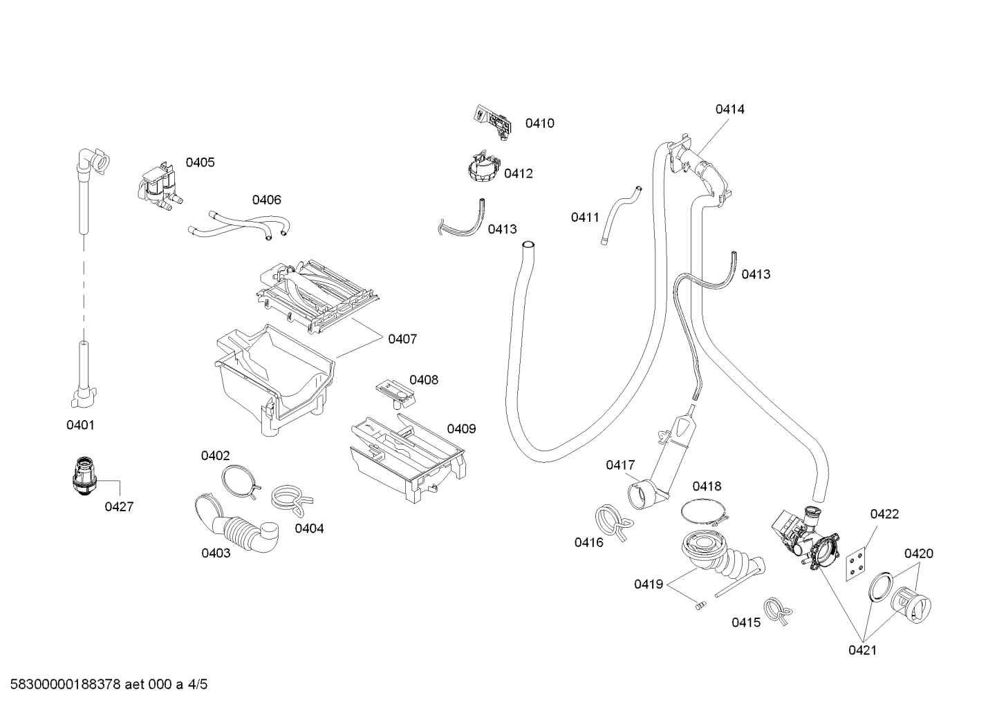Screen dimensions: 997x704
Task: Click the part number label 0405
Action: pyautogui.click(x=200, y=162)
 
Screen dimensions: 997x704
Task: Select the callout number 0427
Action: pyautogui.click(x=120, y=506)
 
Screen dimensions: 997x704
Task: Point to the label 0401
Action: pyautogui.click(x=81, y=425)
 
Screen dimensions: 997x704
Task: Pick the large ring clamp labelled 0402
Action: pyautogui.click(x=241, y=481)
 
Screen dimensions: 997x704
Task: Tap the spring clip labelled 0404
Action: pyautogui.click(x=291, y=500)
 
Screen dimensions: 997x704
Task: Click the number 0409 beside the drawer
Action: pyautogui.click(x=462, y=429)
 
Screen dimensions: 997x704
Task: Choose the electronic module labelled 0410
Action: pyautogui.click(x=492, y=122)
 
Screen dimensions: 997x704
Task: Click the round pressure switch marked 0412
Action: pyautogui.click(x=484, y=166)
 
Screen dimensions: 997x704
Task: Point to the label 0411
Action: pyautogui.click(x=586, y=218)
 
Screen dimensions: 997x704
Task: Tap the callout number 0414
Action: pyautogui.click(x=730, y=109)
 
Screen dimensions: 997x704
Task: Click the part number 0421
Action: pyautogui.click(x=863, y=650)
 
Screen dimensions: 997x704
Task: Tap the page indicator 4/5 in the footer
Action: pyautogui.click(x=197, y=684)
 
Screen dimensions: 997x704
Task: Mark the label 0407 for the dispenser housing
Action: pyautogui.click(x=402, y=339)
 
